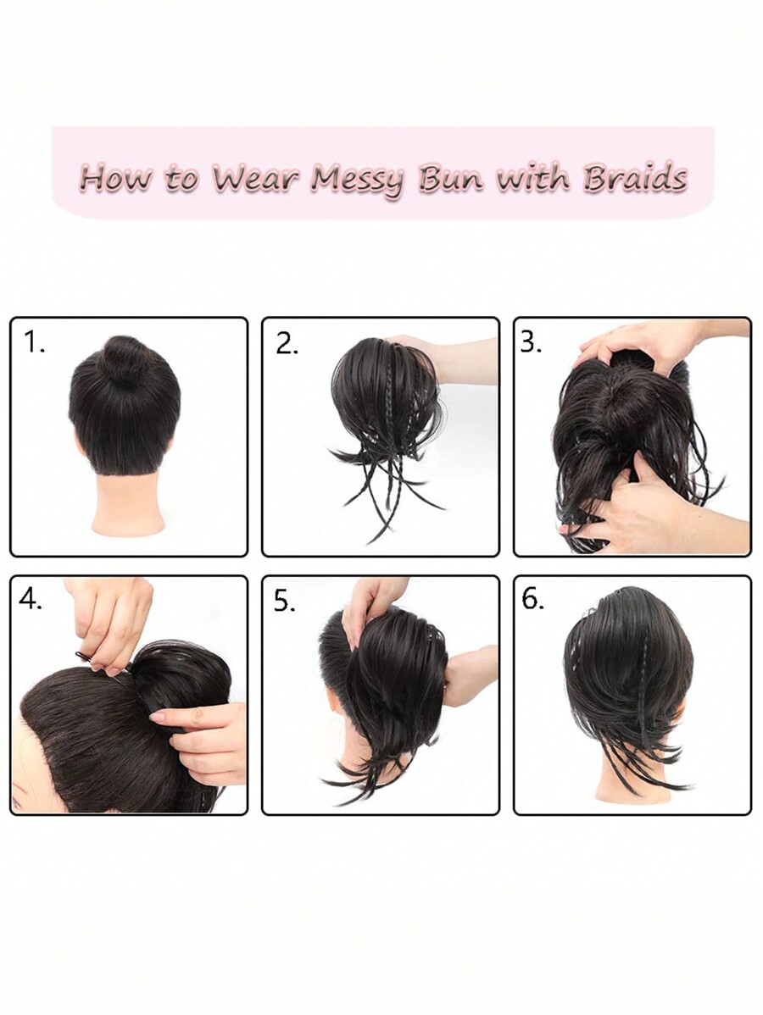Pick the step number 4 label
click(31, 600)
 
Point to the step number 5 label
click(285, 601)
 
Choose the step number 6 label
click(532, 600)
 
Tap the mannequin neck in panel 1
click(128, 504)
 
